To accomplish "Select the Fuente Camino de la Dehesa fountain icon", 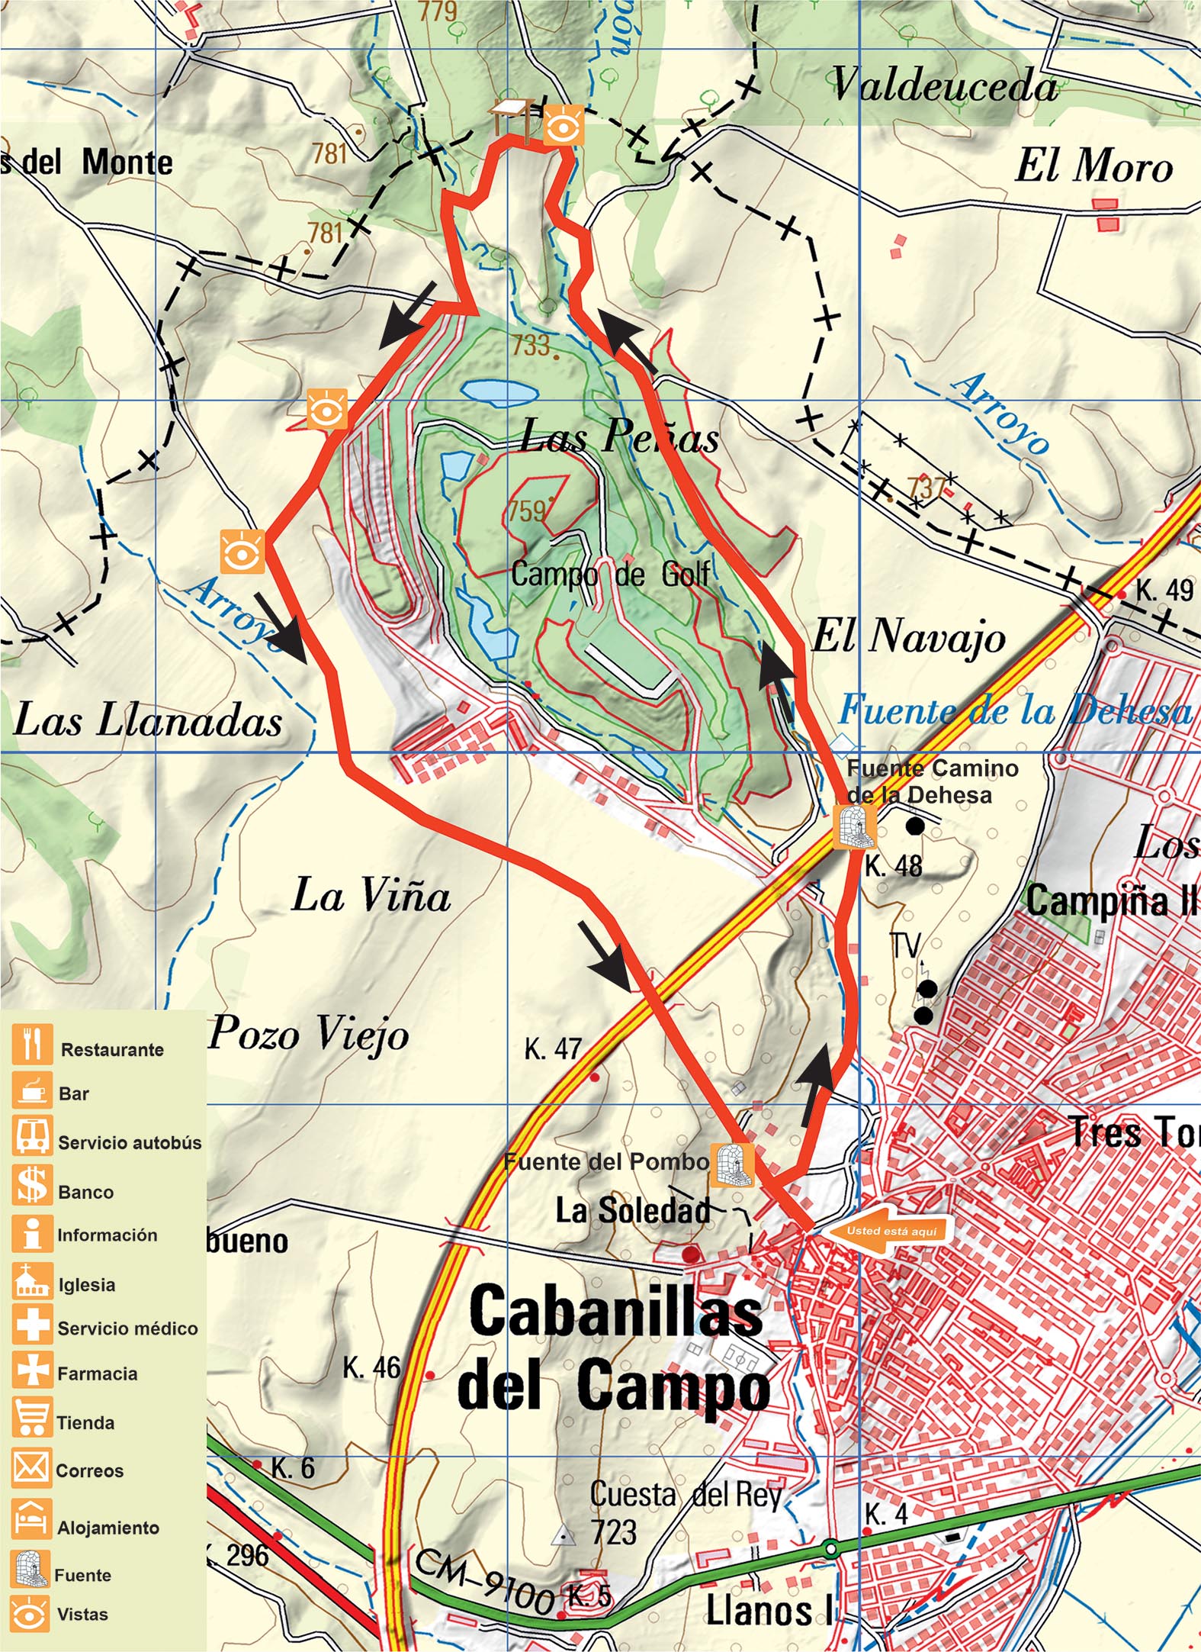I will pos(854,826).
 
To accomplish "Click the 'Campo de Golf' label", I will pos(610,574).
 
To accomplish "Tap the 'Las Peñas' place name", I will pos(618,437).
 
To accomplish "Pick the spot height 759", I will pos(528,510).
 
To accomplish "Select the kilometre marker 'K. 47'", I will pos(553,1049).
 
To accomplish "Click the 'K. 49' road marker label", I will pos(1164,590).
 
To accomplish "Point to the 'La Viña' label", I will pos(371,895).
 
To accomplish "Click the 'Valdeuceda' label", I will pos(944,85).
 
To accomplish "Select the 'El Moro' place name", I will pos(1093,166).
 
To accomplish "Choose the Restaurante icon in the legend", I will pos(32,1044).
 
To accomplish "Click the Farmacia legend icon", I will pos(32,1369).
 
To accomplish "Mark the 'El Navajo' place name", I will pos(908,636).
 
